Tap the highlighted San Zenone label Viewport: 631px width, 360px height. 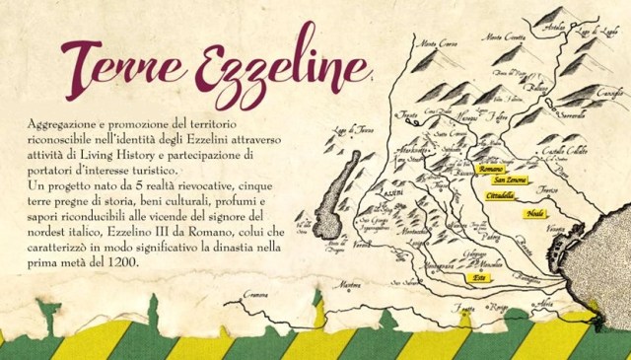(x=510, y=181)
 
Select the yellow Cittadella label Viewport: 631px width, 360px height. (x=501, y=195)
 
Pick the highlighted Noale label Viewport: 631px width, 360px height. (x=536, y=213)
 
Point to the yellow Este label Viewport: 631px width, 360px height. (x=480, y=279)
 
